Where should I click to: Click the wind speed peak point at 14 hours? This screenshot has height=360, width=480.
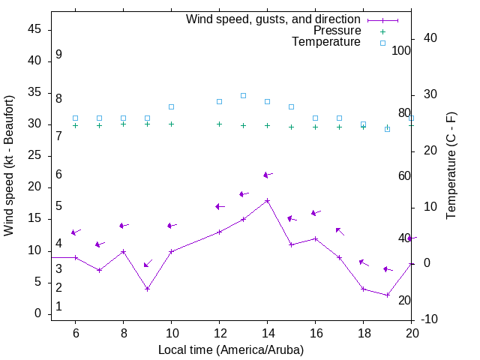(267, 200)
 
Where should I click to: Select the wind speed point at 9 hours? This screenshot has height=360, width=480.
(147, 289)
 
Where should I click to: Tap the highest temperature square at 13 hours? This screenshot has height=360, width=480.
(243, 95)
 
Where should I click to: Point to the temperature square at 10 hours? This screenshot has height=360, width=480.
(171, 106)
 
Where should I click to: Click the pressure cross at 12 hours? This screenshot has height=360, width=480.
(219, 124)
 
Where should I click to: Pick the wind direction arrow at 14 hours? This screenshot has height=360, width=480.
(267, 175)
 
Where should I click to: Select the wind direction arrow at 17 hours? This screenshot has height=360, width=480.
(340, 231)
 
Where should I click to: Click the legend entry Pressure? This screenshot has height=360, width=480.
(337, 31)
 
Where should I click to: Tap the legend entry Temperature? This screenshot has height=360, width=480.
(326, 42)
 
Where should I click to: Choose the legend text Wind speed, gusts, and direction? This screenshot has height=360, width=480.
(274, 19)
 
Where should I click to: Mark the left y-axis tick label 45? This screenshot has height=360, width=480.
(34, 29)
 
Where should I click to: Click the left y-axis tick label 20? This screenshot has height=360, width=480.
(34, 187)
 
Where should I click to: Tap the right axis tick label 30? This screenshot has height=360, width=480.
(432, 94)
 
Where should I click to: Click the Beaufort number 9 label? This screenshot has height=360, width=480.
(58, 55)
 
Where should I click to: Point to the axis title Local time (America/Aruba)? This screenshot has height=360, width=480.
(231, 349)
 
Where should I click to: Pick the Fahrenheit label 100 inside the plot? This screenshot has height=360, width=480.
(401, 51)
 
